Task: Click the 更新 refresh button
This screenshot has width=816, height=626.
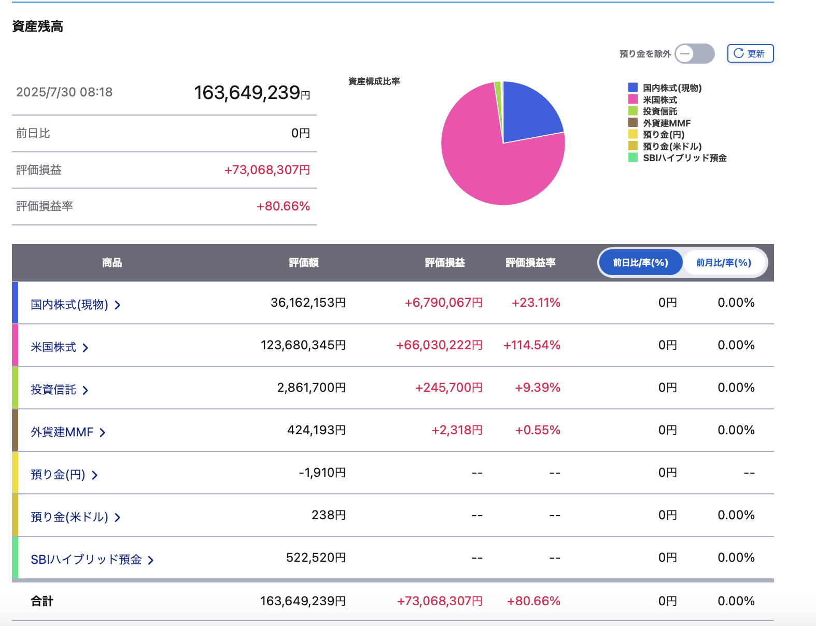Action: point(750,53)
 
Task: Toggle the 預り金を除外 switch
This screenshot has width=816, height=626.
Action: point(694,53)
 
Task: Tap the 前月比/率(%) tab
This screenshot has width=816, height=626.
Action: point(724,262)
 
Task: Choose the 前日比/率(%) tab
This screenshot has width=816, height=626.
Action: point(640,262)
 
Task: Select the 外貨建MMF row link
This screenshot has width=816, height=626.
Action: point(68,432)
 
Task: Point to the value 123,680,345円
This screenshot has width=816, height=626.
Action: point(303,345)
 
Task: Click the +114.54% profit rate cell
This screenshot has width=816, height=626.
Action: point(532,345)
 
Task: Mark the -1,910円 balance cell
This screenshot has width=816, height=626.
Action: point(322,473)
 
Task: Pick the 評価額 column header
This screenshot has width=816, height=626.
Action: point(303,263)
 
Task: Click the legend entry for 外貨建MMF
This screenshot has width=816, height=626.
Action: point(659,123)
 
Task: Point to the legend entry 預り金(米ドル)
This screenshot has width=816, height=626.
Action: point(665,146)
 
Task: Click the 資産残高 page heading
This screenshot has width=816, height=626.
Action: point(37,26)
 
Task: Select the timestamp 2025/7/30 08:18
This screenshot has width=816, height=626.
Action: point(64,92)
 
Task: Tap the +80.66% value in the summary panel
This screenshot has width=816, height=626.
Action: point(283,206)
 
